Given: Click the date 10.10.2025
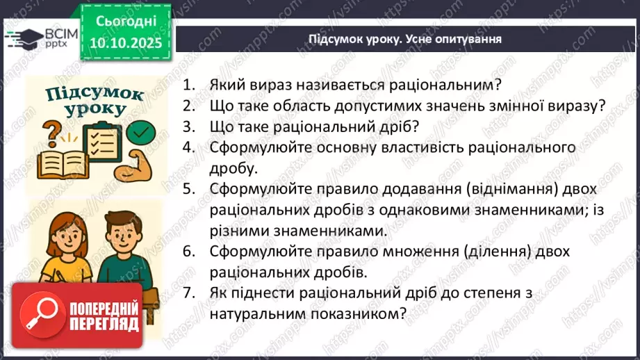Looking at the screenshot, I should click(125, 43).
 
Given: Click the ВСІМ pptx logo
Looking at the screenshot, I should click(42, 38).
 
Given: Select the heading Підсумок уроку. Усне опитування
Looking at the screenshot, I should click(405, 38).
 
